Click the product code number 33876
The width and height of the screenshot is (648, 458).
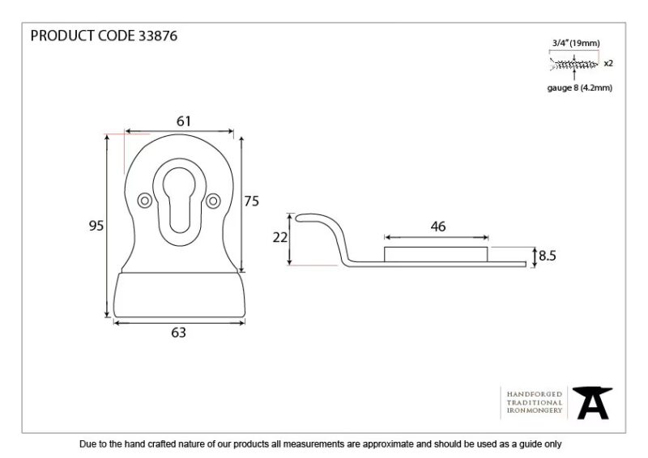coord(158,36)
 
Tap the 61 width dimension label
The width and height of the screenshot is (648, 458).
coord(184,121)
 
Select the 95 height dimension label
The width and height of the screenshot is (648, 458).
coord(96,226)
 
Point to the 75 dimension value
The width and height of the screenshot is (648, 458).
coord(251,201)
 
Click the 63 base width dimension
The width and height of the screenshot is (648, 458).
coord(178,333)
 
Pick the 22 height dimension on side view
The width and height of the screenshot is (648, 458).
coord(279,237)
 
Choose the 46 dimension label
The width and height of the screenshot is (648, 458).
coord(438,227)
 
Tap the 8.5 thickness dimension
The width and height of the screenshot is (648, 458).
coord(548,256)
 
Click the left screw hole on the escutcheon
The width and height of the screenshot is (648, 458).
coord(145,201)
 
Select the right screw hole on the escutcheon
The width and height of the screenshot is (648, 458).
coord(213,201)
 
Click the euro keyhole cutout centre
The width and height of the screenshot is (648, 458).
coord(179,200)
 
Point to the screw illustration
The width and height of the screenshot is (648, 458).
coord(573,64)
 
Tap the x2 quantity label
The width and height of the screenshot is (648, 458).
coord(608,64)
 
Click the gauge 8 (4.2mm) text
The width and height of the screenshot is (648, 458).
coord(580,87)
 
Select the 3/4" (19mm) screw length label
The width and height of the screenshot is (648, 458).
coord(576,43)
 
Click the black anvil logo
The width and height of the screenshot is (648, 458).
coord(593,403)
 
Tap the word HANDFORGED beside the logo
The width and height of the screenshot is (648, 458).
coord(535,394)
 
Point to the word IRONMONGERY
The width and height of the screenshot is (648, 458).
coord(535,410)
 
